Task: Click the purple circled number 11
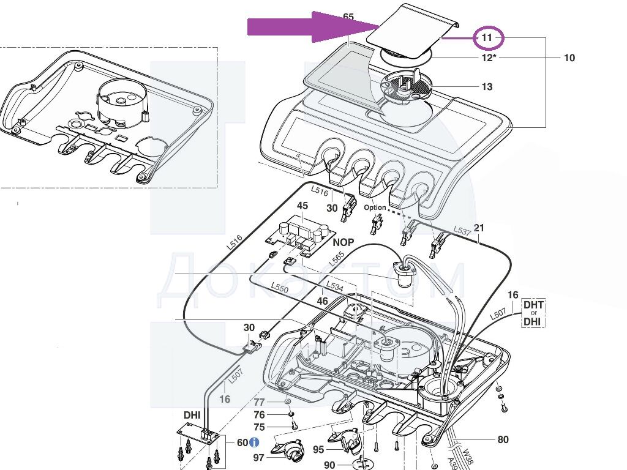point(487,38)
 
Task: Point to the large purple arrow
point(312,28)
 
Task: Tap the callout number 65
point(348,17)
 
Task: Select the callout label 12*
point(487,58)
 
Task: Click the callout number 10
point(569,58)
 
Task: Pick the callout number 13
point(487,87)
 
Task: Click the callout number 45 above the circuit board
point(302,206)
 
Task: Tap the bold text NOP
point(344,242)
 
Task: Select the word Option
point(375,207)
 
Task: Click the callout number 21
point(479,228)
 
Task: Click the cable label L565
point(336,259)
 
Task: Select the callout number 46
point(322,301)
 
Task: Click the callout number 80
point(503,439)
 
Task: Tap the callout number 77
point(260,402)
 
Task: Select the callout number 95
point(318,450)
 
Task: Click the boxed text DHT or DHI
point(533,313)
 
